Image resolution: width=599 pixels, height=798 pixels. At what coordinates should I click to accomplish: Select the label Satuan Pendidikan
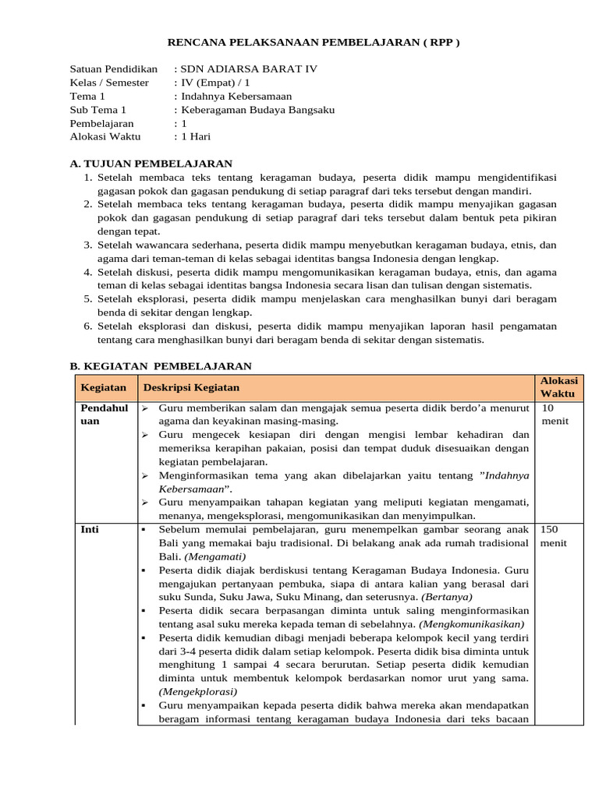click(113, 69)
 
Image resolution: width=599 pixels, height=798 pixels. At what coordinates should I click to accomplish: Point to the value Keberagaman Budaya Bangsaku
click(257, 110)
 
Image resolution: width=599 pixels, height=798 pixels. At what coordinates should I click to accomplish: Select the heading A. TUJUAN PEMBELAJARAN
click(151, 164)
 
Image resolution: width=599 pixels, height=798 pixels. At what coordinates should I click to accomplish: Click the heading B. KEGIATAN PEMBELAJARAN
click(160, 365)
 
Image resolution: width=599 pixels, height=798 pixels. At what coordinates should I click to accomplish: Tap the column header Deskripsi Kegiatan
click(191, 387)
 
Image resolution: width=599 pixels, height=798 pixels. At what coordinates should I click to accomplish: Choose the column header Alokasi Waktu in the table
click(558, 387)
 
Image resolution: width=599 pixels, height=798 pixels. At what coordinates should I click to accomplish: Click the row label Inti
click(90, 530)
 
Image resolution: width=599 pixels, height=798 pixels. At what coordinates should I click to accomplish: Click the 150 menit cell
click(554, 536)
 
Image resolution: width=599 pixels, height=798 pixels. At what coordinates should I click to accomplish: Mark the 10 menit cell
click(555, 414)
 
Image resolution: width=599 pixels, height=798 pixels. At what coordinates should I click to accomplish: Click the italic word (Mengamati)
click(215, 556)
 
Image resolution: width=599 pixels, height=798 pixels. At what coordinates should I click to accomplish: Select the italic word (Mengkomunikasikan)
click(472, 624)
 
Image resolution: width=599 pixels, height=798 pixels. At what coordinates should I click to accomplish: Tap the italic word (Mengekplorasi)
click(193, 692)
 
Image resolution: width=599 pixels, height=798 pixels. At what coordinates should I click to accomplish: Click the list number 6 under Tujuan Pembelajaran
click(88, 326)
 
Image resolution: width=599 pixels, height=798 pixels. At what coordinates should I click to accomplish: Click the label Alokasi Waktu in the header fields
click(105, 136)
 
